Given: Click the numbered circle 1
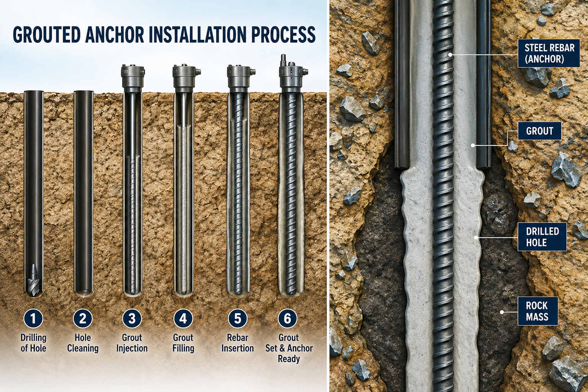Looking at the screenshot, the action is [x=33, y=318].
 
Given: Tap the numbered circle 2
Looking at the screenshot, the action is [x=83, y=318].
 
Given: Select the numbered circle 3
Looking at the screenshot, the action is [x=132, y=318].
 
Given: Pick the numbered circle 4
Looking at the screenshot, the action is [x=183, y=318].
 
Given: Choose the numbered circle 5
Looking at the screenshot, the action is [x=238, y=318].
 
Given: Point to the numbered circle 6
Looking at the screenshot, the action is [x=288, y=318].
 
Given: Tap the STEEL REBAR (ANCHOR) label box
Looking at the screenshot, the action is [x=549, y=54].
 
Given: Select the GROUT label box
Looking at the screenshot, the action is [x=539, y=131].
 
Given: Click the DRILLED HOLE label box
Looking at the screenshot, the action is [x=542, y=237].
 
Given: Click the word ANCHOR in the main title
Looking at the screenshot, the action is [x=118, y=34].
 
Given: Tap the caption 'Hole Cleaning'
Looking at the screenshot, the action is [x=83, y=343].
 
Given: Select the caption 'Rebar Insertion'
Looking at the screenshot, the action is [x=238, y=343].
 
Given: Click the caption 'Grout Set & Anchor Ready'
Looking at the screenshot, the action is [x=289, y=348].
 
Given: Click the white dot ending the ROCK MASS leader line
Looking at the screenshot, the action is [x=501, y=312].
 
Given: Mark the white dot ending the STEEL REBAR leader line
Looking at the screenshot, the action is [x=450, y=55].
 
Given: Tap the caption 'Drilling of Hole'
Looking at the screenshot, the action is [x=33, y=343].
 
